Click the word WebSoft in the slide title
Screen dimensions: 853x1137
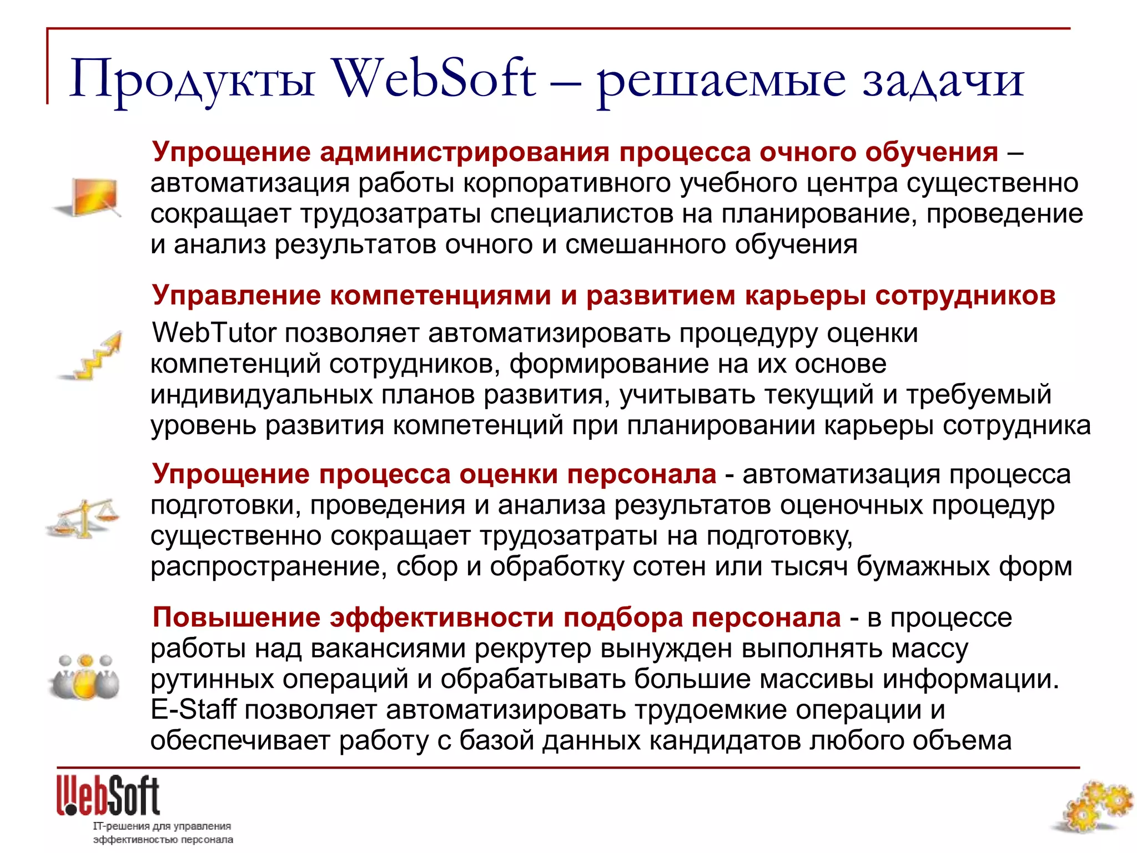pyautogui.click(x=434, y=79)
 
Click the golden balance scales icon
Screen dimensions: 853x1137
pyautogui.click(x=83, y=518)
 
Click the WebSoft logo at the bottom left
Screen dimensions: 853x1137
pyautogui.click(x=108, y=796)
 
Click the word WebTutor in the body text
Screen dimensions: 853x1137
pyautogui.click(x=214, y=333)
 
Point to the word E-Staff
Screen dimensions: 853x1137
pyautogui.click(x=193, y=710)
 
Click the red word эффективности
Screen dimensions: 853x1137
pyautogui.click(x=442, y=617)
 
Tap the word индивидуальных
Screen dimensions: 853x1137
pyautogui.click(x=261, y=394)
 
